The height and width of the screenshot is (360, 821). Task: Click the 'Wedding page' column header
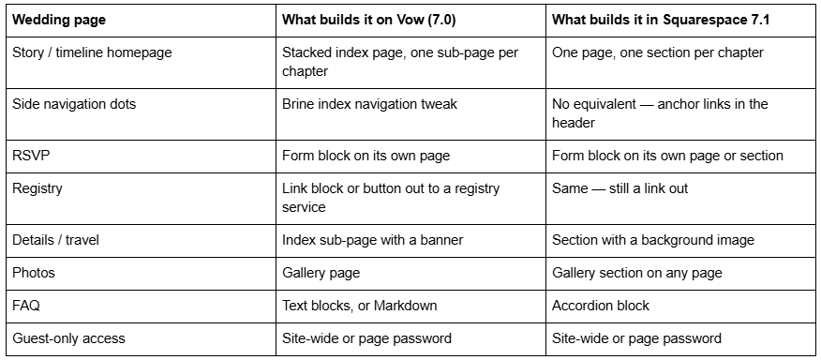click(59, 21)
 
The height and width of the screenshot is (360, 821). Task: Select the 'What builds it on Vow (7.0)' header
click(368, 21)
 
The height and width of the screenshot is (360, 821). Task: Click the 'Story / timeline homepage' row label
click(92, 52)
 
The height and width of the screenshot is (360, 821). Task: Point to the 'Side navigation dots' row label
click(74, 104)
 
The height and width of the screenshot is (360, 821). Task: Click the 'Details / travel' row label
click(55, 240)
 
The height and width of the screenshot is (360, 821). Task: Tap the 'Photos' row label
click(34, 273)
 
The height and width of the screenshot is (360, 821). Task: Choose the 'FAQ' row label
click(26, 306)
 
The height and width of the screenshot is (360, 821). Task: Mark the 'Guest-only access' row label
click(68, 338)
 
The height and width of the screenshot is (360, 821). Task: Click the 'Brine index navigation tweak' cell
click(369, 104)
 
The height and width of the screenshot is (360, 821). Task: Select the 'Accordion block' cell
click(601, 306)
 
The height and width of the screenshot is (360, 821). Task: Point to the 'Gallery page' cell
click(321, 273)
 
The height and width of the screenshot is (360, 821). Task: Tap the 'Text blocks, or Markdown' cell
click(360, 306)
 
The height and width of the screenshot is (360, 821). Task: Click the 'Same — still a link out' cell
click(619, 188)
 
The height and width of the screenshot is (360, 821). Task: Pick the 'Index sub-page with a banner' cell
click(373, 240)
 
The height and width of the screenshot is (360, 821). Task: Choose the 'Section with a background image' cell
click(653, 240)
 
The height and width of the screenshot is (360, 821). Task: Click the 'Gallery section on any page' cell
click(637, 273)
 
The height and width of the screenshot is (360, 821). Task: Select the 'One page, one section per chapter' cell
click(658, 52)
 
